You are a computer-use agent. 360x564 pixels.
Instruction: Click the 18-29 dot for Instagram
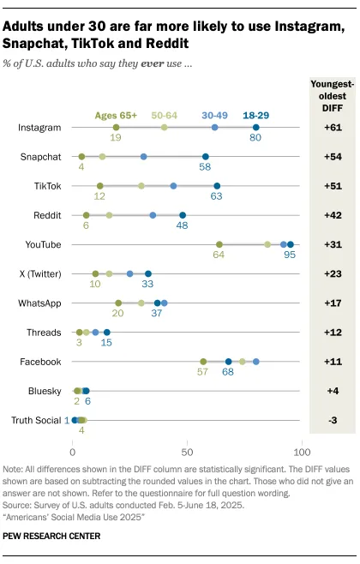tap(255, 127)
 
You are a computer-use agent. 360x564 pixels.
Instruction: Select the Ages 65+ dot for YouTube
tap(219, 244)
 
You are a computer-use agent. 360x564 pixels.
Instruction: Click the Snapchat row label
tap(39, 157)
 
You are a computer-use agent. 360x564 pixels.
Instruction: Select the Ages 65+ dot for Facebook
tap(203, 362)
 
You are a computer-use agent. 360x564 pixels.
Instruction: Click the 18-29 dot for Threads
tap(106, 333)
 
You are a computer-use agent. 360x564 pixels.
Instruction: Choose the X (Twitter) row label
tap(39, 273)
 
